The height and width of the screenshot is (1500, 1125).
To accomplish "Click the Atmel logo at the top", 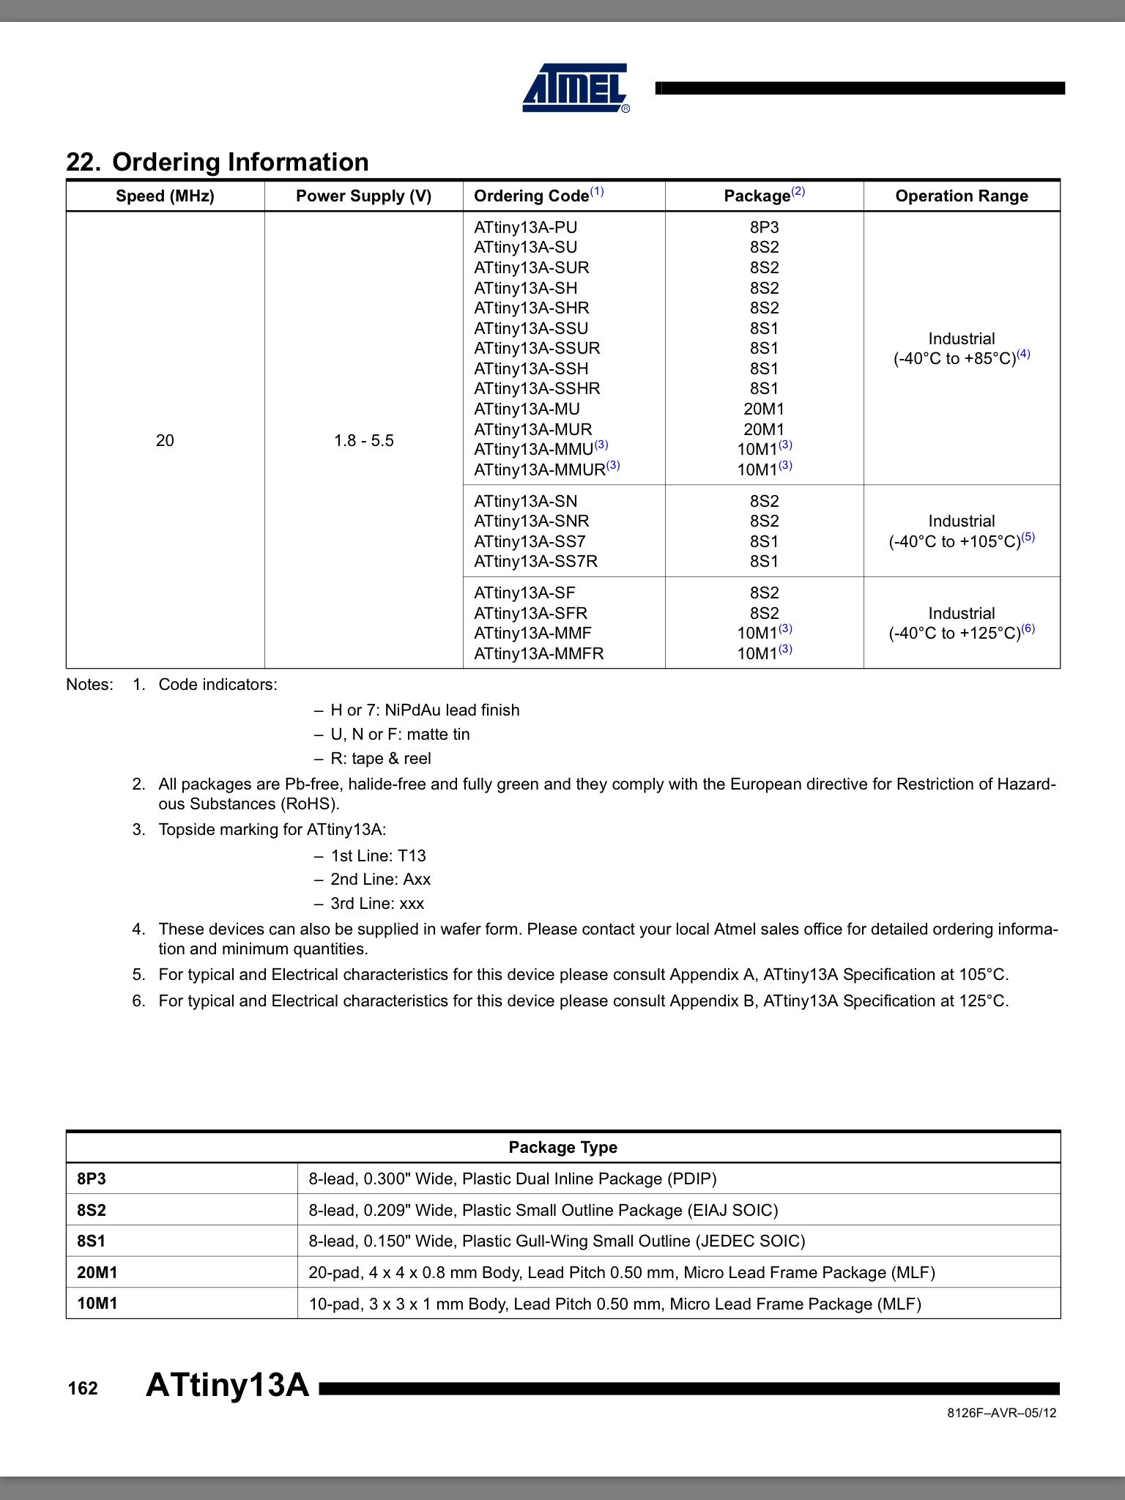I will pyautogui.click(x=576, y=88).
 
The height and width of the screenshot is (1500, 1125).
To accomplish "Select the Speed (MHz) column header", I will pyautogui.click(x=165, y=196).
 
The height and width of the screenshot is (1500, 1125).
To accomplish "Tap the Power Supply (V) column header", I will pyautogui.click(x=363, y=196).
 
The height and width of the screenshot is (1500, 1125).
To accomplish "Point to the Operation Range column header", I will pyautogui.click(x=961, y=196).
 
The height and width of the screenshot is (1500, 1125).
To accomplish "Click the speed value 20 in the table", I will pyautogui.click(x=165, y=440).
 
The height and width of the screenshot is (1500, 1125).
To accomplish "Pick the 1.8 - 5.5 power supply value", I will pyautogui.click(x=363, y=440).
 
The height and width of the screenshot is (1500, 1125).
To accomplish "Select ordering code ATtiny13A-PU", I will pyautogui.click(x=525, y=227).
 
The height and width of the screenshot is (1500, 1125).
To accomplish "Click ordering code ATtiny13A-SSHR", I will pyautogui.click(x=536, y=388).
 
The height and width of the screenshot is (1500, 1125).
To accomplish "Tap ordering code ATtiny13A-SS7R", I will pyautogui.click(x=535, y=561).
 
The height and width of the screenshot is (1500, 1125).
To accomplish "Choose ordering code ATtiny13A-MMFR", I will pyautogui.click(x=538, y=653).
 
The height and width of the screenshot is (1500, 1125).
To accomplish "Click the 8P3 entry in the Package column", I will pyautogui.click(x=764, y=227).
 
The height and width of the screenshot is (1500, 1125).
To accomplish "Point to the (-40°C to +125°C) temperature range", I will pyautogui.click(x=954, y=634).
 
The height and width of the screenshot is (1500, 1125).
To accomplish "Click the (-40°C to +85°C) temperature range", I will pyautogui.click(x=954, y=359).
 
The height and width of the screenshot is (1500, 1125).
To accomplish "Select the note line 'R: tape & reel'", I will pyautogui.click(x=380, y=759).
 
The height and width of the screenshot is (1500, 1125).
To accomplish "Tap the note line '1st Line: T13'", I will pyautogui.click(x=378, y=855).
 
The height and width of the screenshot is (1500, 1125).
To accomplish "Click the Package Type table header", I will pyautogui.click(x=562, y=1147).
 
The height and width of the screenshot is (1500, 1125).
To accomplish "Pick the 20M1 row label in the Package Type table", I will pyautogui.click(x=97, y=1272).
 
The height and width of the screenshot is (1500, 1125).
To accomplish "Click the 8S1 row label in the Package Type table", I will pyautogui.click(x=92, y=1241).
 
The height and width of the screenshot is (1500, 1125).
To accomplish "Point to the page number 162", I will pyautogui.click(x=83, y=1389).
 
